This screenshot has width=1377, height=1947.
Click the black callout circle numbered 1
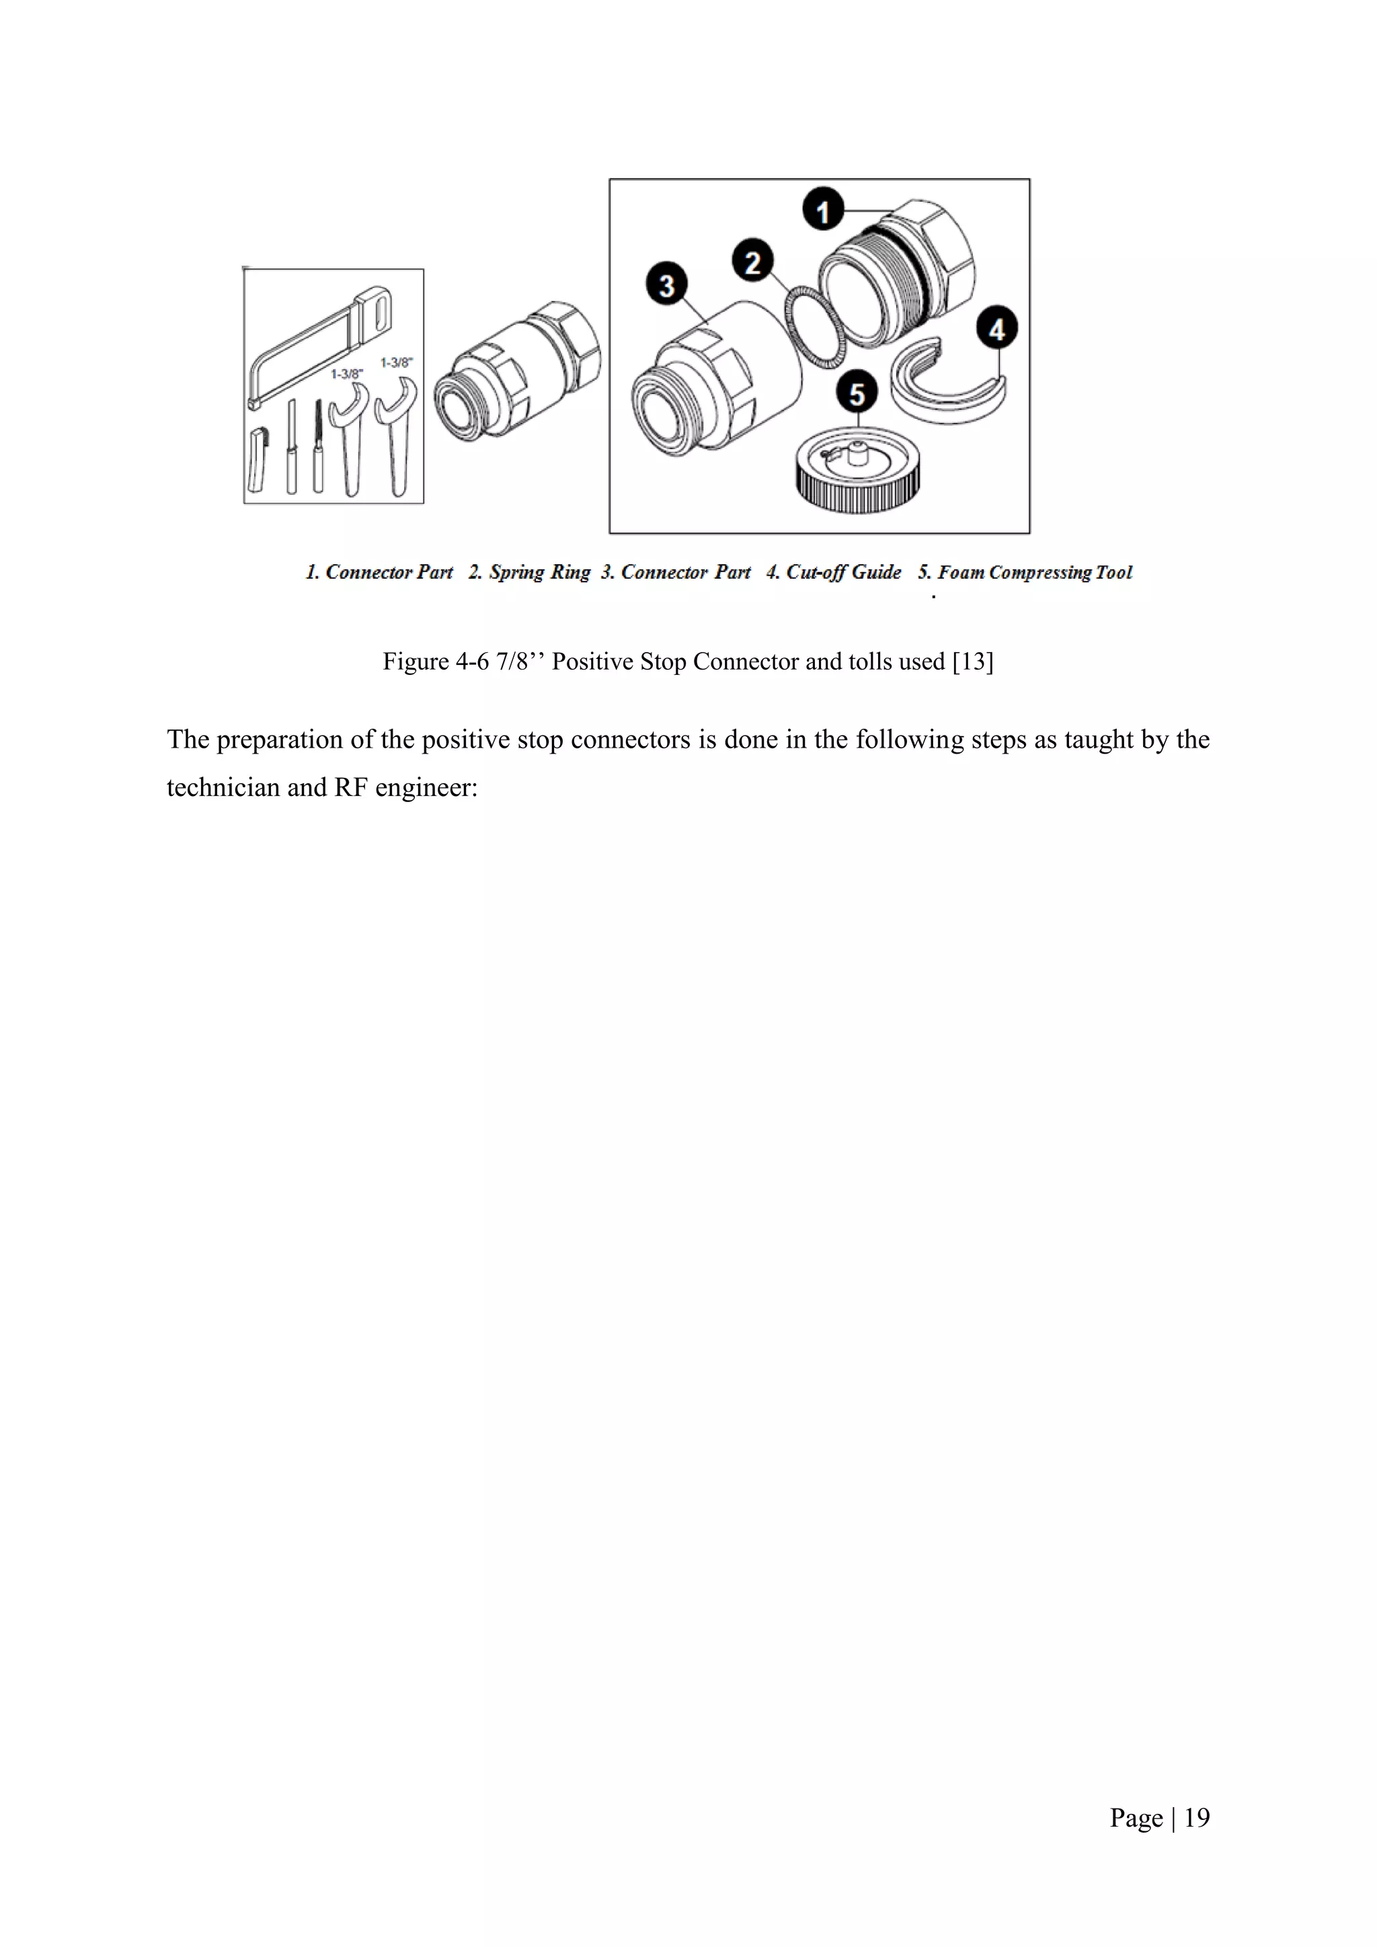(x=822, y=210)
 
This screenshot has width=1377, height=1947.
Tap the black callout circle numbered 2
(x=752, y=262)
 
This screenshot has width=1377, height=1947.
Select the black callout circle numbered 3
(x=666, y=285)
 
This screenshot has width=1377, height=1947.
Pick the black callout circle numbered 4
(x=997, y=329)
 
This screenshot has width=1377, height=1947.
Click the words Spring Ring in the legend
(x=539, y=572)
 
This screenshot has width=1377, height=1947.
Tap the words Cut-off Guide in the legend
(x=843, y=572)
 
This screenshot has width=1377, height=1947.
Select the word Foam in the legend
(x=961, y=572)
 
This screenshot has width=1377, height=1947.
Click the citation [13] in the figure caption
(x=972, y=662)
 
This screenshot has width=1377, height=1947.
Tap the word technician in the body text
(x=223, y=788)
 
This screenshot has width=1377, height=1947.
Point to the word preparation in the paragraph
(x=280, y=740)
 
